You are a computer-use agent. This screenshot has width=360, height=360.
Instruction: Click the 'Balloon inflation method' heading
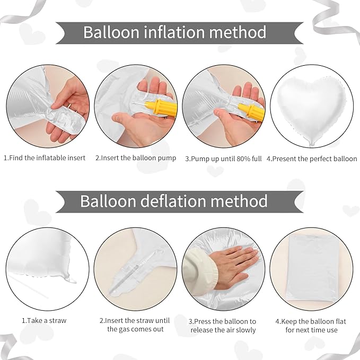pyautogui.click(x=174, y=32)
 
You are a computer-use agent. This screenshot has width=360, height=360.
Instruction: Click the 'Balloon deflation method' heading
pyautogui.click(x=174, y=201)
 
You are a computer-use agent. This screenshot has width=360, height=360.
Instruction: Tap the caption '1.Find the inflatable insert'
pyautogui.click(x=45, y=158)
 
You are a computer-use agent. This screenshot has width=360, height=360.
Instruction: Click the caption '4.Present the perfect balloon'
pyautogui.click(x=311, y=158)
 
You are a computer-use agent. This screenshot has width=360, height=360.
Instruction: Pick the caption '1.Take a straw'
pyautogui.click(x=44, y=320)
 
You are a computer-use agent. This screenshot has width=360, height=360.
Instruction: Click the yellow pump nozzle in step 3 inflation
pyautogui.click(x=249, y=109)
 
